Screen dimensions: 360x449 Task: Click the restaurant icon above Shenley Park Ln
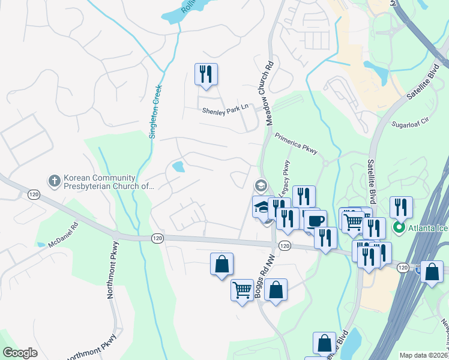(206, 74)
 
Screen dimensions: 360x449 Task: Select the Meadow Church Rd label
(270, 92)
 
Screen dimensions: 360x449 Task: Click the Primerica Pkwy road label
(295, 145)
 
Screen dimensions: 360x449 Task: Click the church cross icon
(53, 179)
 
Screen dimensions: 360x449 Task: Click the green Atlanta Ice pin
(397, 227)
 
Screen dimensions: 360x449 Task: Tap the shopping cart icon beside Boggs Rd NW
(242, 290)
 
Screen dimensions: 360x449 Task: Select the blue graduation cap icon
(262, 206)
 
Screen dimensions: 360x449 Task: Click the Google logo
(20, 353)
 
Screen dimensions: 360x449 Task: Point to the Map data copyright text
(424, 355)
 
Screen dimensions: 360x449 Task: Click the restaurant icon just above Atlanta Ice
(400, 208)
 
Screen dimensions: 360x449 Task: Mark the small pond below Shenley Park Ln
(178, 166)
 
